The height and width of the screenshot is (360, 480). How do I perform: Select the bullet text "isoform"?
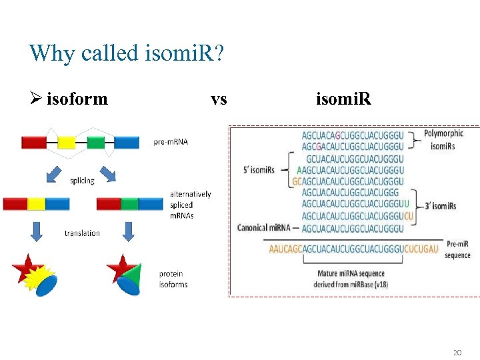pyautogui.click(x=77, y=99)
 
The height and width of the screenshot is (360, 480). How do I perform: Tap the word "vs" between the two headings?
pyautogui.click(x=219, y=99)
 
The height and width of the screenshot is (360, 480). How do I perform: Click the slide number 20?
pyautogui.click(x=457, y=352)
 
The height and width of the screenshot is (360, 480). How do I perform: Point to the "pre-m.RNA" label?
pyautogui.click(x=171, y=142)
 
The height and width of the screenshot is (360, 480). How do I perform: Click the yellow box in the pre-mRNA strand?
pyautogui.click(x=66, y=142)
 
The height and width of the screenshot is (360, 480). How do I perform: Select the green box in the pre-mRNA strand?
pyautogui.click(x=96, y=142)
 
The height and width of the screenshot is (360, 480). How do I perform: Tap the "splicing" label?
pyautogui.click(x=82, y=181)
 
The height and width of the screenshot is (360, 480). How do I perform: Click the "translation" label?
pyautogui.click(x=82, y=233)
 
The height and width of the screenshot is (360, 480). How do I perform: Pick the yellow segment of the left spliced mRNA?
pyautogui.click(x=36, y=203)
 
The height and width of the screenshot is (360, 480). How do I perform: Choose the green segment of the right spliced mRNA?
pyautogui.click(x=129, y=203)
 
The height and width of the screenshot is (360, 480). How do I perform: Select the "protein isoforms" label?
pyautogui.click(x=173, y=279)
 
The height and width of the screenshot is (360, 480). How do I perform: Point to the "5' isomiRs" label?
pyautogui.click(x=259, y=170)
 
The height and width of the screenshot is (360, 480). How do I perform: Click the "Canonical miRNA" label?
pyautogui.click(x=264, y=228)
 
